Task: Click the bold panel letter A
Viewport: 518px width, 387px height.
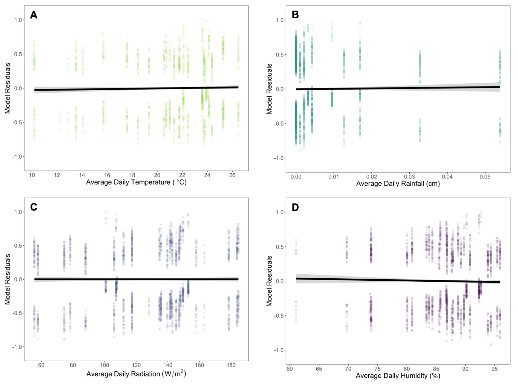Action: coord(33,15)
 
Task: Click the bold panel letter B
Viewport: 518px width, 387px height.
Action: coord(295,15)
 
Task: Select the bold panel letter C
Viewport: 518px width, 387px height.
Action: coord(33,207)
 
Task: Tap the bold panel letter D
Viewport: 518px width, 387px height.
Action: coord(295,207)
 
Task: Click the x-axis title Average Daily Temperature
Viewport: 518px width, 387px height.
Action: coord(136,182)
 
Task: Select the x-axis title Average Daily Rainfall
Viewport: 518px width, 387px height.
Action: coord(398,184)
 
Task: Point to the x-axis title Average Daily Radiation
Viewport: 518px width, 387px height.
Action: coord(136,374)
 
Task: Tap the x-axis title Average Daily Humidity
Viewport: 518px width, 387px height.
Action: coord(398,376)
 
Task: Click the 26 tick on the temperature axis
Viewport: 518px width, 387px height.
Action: coord(232,175)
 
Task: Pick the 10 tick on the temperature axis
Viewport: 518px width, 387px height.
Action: coord(32,175)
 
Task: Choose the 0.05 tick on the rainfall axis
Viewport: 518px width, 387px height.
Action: coord(485,177)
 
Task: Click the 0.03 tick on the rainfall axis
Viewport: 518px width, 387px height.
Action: coord(409,177)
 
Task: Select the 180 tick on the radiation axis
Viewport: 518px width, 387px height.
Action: coord(231,365)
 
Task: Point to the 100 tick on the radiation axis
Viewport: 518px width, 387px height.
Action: coord(105,365)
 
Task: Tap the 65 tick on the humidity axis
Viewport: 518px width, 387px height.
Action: coord(319,369)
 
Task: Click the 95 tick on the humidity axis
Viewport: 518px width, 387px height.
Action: coord(494,369)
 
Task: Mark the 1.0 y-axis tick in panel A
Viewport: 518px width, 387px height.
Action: coord(18,20)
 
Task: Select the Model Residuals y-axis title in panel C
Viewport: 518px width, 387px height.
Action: coord(8,279)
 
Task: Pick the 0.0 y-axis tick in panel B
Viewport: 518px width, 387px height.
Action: coord(281,89)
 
